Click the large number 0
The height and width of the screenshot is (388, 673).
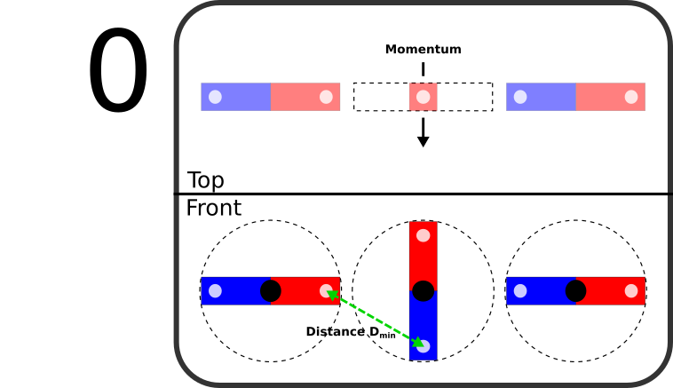pos(118,73)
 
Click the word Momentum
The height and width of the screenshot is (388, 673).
pos(423,50)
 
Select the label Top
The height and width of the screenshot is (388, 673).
pos(205,181)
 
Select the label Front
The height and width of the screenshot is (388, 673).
pos(213,209)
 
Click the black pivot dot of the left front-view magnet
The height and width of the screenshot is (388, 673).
pos(271,291)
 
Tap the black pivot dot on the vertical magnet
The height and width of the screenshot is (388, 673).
pos(423,291)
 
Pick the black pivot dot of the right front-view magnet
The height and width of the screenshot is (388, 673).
pos(575,291)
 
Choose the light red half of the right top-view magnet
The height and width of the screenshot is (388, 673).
pos(609,97)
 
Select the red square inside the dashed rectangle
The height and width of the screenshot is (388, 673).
pos(423,97)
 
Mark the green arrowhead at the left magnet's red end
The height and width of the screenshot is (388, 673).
pos(333,296)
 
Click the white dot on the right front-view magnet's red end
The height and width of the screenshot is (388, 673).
pos(630,291)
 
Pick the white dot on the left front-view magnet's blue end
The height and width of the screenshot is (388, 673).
pos(215,291)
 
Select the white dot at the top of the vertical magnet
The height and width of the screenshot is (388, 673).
pos(423,236)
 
